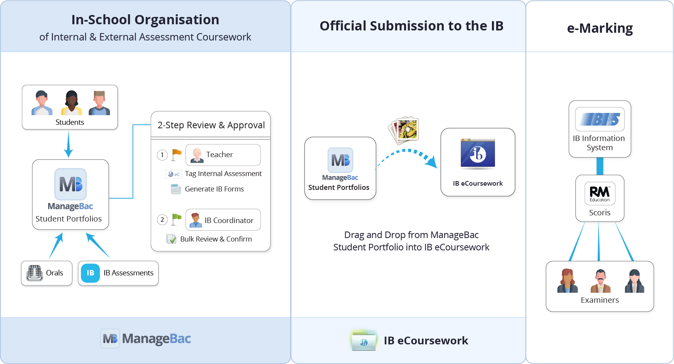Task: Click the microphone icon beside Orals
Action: coord(35,273)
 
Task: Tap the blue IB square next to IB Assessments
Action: coord(90,273)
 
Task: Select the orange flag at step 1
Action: coord(176,154)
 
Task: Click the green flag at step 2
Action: coord(176,219)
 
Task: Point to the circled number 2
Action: coord(162,220)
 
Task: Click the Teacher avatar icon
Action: coord(197,155)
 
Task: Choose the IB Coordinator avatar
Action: coord(196,220)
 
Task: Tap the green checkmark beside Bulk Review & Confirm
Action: coord(171,239)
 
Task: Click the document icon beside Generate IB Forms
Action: coord(176,189)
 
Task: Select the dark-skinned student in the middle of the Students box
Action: coord(71,103)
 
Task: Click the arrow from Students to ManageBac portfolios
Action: coord(69,144)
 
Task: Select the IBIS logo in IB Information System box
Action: coord(600,119)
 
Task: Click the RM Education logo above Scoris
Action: coord(600,193)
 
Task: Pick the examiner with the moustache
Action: coord(600,281)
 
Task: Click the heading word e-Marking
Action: coord(600,28)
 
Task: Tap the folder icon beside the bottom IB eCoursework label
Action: coord(363,341)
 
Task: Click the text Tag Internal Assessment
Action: coord(223,174)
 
